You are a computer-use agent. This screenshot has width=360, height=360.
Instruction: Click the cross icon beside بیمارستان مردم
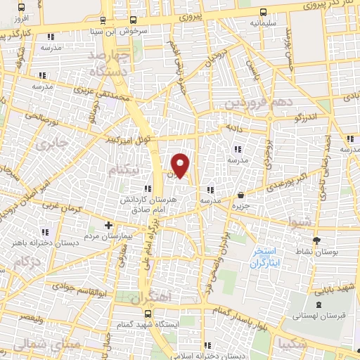[x=108, y=226]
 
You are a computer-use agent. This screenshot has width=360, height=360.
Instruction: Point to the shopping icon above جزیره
[x=241, y=195]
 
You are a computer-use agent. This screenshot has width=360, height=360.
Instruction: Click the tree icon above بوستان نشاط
[x=315, y=240]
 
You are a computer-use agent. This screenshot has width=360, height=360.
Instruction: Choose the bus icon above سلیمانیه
[x=263, y=12]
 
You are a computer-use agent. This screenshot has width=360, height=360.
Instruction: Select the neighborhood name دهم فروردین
[x=248, y=103]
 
